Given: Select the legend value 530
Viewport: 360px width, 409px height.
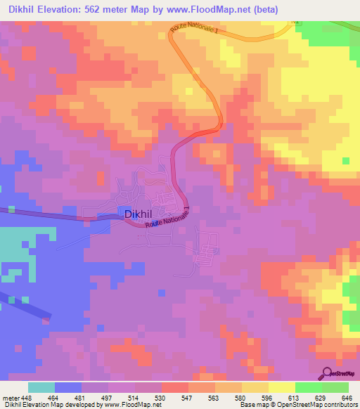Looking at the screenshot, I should (x=161, y=397).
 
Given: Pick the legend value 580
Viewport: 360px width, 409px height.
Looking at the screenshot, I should (x=241, y=397).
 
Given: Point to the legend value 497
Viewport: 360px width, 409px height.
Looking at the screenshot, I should (x=108, y=397).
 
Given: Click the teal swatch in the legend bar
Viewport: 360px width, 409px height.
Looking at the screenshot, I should (x=41, y=387).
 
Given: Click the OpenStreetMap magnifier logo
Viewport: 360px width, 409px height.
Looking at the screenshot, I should (x=326, y=373).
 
